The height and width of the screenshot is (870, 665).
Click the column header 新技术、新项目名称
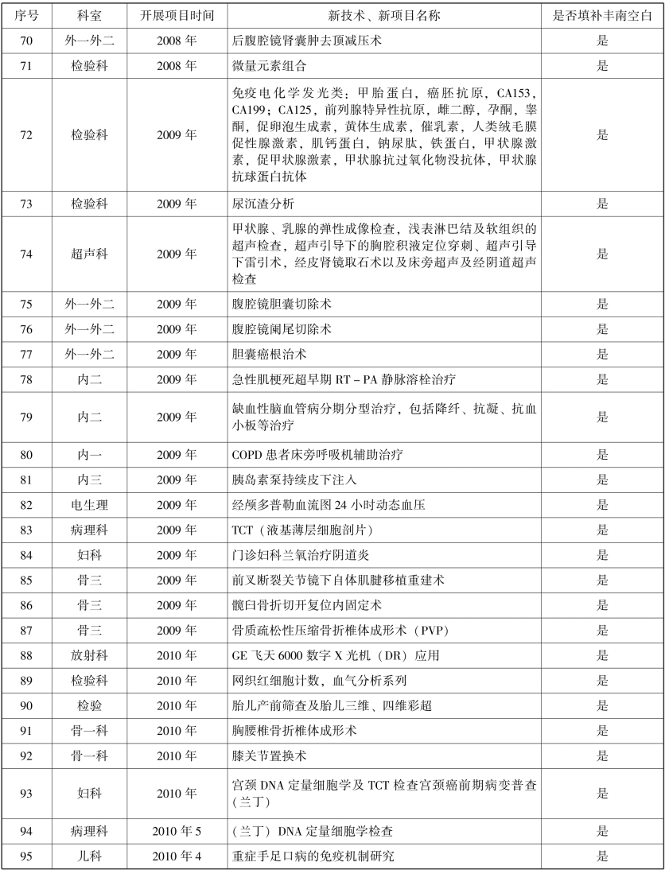(383, 15)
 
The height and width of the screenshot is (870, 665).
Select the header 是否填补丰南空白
(601, 15)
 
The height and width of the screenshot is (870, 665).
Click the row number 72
(25, 135)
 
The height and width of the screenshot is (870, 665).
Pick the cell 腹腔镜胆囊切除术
(274, 304)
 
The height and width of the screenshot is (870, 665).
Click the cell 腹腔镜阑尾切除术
(274, 328)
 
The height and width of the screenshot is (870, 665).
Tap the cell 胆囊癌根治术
(263, 354)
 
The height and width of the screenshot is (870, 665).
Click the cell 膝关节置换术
(263, 756)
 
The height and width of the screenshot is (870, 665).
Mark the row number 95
(25, 856)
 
